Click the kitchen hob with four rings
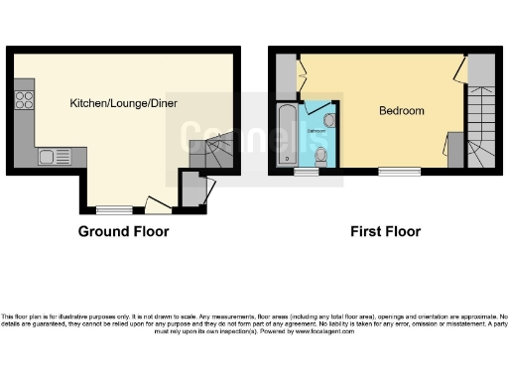(25, 99)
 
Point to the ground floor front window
(113, 209)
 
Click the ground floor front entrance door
(157, 205)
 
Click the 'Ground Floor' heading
(123, 232)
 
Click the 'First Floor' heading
(385, 232)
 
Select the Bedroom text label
(402, 110)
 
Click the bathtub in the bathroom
(287, 135)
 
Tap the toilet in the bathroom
(320, 156)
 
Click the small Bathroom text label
(317, 130)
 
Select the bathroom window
(306, 172)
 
